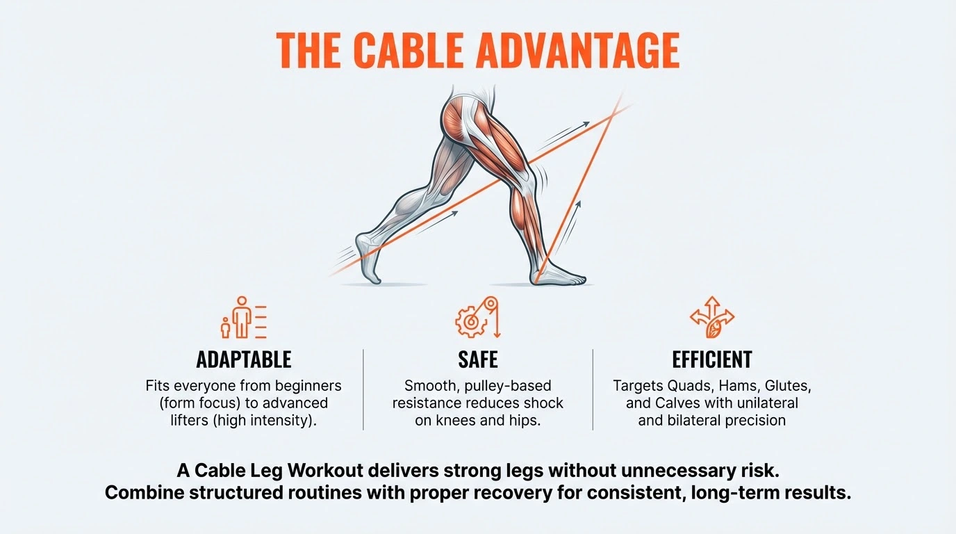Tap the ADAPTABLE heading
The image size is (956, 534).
click(x=244, y=359)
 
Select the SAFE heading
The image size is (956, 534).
click(x=478, y=359)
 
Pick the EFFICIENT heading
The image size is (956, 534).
click(x=712, y=359)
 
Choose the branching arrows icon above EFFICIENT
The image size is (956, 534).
click(x=712, y=317)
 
